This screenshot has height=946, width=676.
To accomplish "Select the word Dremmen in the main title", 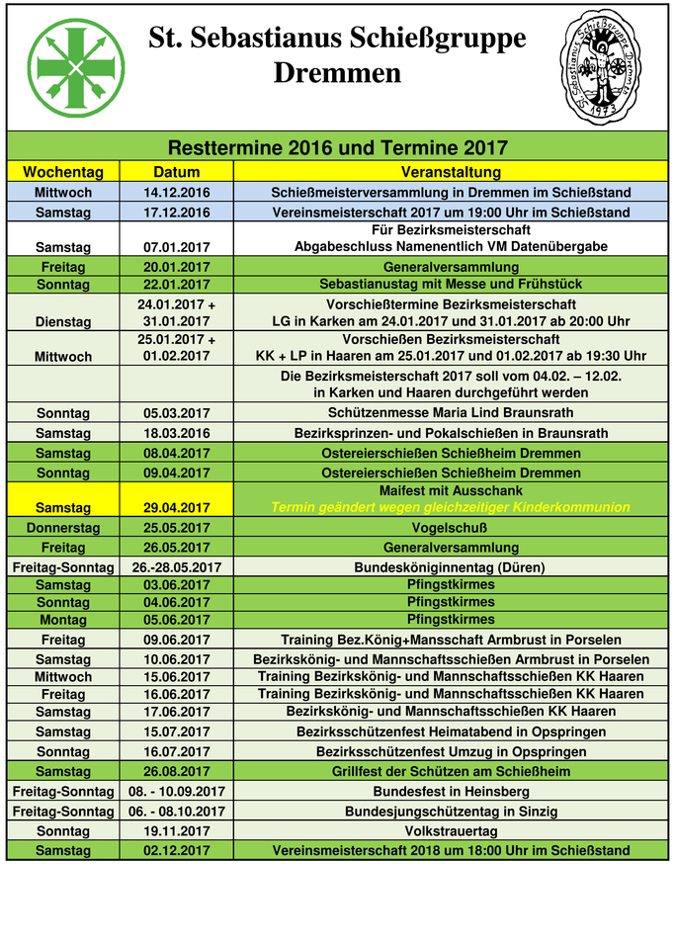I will [337, 73].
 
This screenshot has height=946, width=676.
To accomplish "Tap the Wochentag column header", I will [63, 172].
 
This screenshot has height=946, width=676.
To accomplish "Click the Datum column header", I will [177, 172].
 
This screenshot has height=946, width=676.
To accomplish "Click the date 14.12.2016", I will [177, 192].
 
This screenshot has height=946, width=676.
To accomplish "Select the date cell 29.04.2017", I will [177, 507].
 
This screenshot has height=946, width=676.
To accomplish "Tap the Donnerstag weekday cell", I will [63, 528].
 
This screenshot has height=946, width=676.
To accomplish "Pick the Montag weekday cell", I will [63, 620].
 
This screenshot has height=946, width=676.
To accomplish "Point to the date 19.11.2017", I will [177, 831].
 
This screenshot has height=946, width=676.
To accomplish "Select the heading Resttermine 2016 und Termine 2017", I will [338, 148].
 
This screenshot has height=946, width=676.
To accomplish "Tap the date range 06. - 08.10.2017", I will [177, 812].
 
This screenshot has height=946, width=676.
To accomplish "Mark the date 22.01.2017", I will [177, 285].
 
